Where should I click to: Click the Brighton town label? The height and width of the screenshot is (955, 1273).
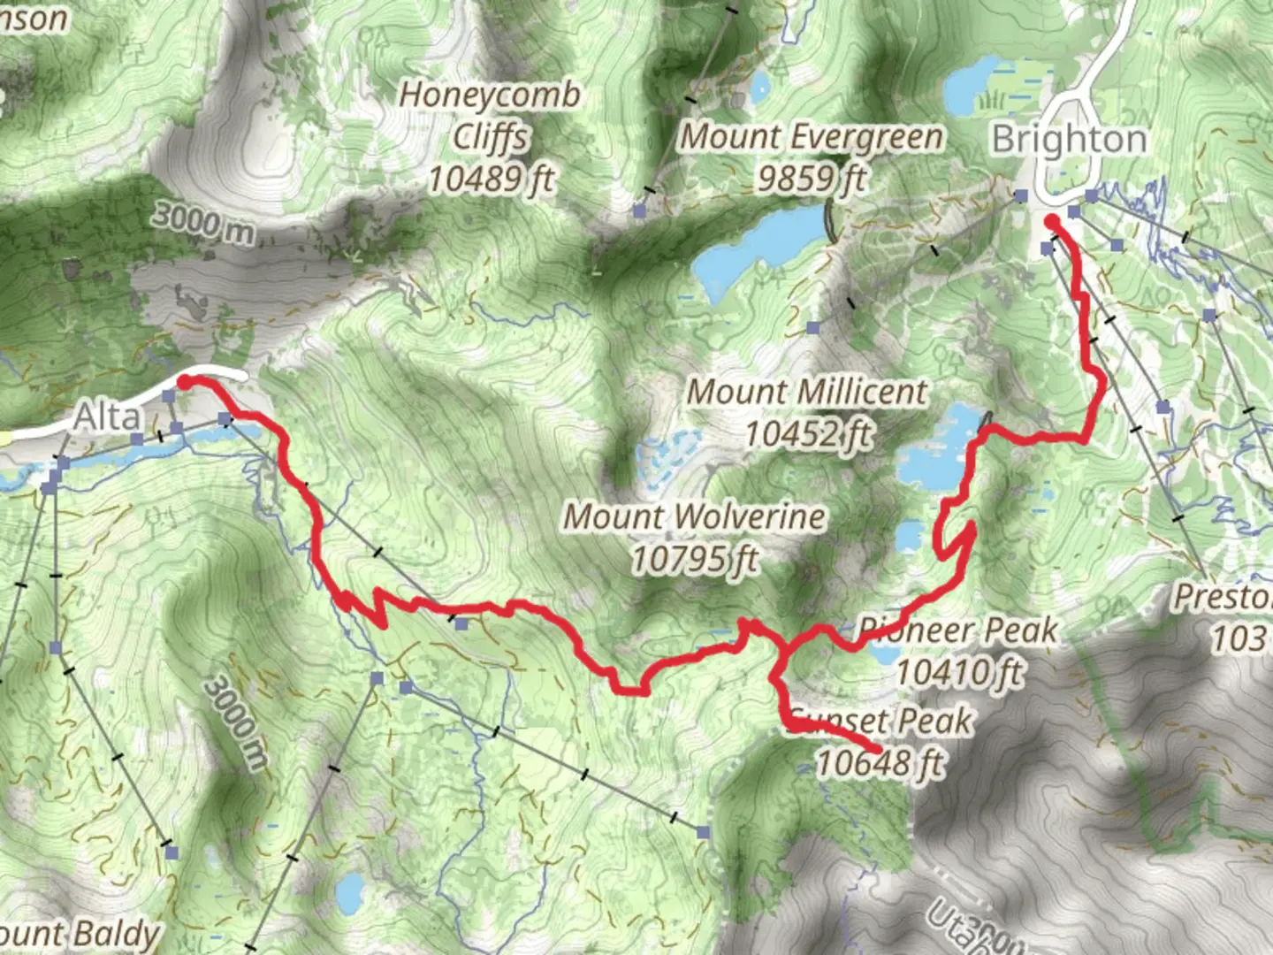click(x=1069, y=139)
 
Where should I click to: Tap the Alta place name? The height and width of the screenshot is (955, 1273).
click(x=106, y=416)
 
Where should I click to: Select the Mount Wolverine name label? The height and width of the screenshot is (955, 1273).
click(x=695, y=516)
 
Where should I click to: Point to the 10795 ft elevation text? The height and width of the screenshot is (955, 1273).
click(x=695, y=559)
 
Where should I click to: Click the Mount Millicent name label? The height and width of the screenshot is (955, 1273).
click(x=807, y=391)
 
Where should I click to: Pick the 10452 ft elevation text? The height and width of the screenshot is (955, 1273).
click(x=808, y=433)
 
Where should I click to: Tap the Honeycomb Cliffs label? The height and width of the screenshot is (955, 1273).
click(x=491, y=115)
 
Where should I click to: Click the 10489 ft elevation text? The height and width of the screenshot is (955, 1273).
click(x=491, y=179)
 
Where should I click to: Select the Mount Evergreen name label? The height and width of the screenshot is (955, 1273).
click(x=812, y=137)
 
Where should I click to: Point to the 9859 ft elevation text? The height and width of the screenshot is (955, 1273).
click(x=812, y=179)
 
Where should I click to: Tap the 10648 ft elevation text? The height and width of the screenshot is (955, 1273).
click(x=880, y=762)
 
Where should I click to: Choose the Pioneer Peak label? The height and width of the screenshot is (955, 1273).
click(x=959, y=630)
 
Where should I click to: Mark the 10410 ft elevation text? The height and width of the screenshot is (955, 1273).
click(x=959, y=672)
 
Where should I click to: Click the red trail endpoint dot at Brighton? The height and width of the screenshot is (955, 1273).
click(x=1052, y=221)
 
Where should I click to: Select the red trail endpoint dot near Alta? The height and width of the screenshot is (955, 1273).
click(x=186, y=382)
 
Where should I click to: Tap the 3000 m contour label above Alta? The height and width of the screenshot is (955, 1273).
click(x=202, y=222)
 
